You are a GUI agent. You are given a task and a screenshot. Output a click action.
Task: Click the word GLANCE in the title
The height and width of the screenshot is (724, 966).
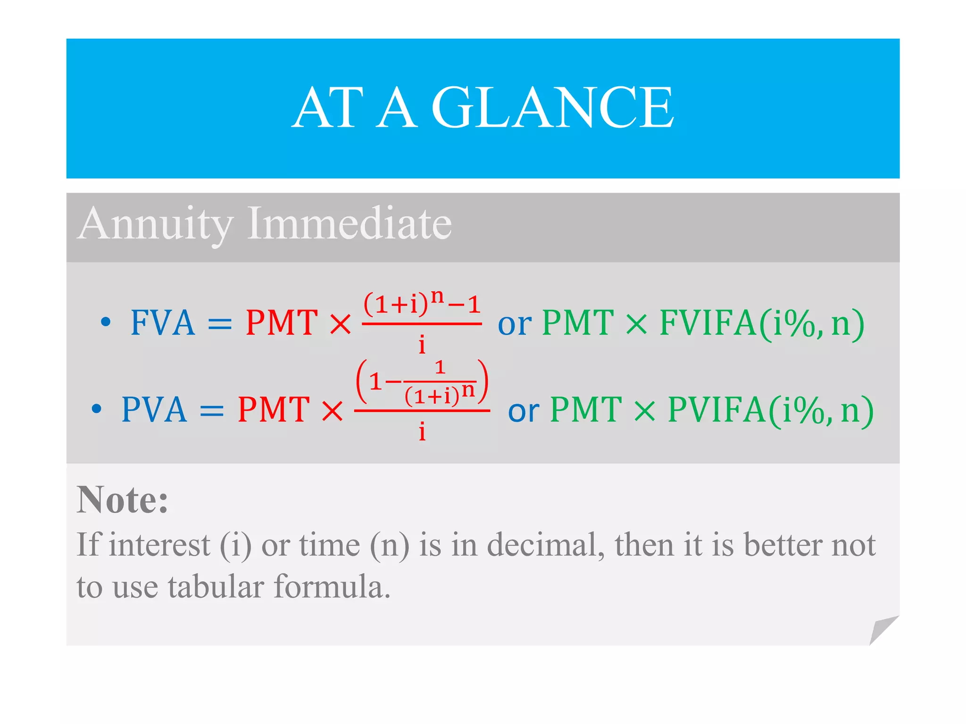point(553,108)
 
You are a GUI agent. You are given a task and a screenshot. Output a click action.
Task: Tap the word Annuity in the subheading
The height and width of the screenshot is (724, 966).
point(156,224)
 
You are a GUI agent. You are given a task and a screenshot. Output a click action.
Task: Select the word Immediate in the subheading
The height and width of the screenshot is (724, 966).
point(350,223)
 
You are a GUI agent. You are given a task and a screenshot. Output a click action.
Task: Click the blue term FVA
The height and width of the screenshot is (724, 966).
point(162,323)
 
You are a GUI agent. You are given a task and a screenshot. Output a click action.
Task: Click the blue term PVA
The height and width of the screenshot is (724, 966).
point(154,410)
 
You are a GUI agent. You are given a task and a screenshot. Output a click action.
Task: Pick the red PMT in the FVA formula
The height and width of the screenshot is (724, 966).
point(282,323)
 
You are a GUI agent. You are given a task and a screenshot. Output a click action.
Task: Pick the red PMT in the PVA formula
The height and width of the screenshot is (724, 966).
point(274,410)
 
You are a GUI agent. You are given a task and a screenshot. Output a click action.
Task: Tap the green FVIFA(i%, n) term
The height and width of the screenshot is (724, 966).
point(761,324)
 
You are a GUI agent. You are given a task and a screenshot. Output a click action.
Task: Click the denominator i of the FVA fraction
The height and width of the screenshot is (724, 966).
point(422,345)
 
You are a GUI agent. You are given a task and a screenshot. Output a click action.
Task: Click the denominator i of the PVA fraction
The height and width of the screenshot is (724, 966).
point(422,431)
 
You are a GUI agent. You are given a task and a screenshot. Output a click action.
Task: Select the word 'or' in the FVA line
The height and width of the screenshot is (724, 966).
point(514,325)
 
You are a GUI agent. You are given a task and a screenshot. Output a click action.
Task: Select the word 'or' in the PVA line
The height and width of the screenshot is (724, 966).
point(524,411)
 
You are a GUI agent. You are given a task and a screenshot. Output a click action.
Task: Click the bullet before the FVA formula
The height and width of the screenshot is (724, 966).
point(106,322)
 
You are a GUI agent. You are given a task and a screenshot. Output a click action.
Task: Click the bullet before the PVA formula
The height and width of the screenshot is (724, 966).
point(97,409)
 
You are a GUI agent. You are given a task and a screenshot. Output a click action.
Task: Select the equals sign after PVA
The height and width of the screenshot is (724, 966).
point(211,411)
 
